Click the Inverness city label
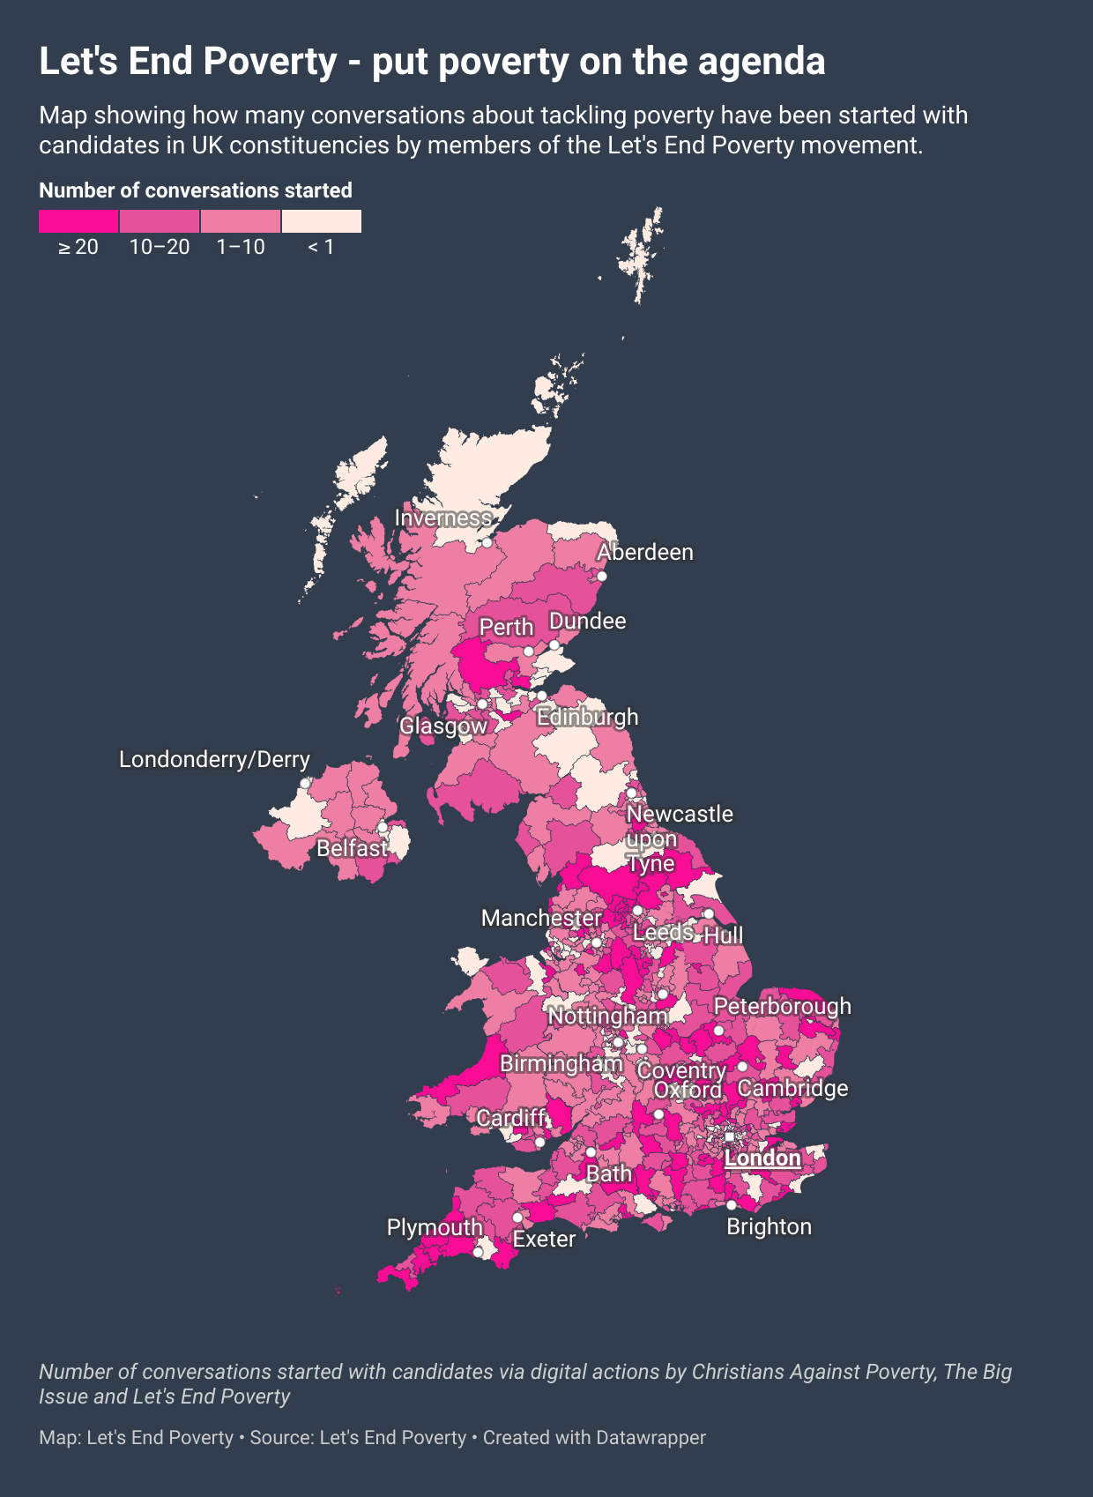[442, 518]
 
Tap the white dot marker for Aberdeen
[602, 577]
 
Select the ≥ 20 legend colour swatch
[78, 221]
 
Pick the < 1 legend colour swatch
[322, 221]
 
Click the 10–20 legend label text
[160, 248]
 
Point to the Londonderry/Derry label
[214, 760]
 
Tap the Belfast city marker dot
[383, 828]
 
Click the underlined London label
[762, 1158]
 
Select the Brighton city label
[769, 1227]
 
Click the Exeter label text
[544, 1240]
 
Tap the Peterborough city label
[783, 1007]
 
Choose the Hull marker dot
[709, 914]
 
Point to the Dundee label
[587, 622]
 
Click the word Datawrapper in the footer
[651, 1438]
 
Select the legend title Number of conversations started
[196, 191]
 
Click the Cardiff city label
[511, 1119]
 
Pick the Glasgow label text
[443, 726]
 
